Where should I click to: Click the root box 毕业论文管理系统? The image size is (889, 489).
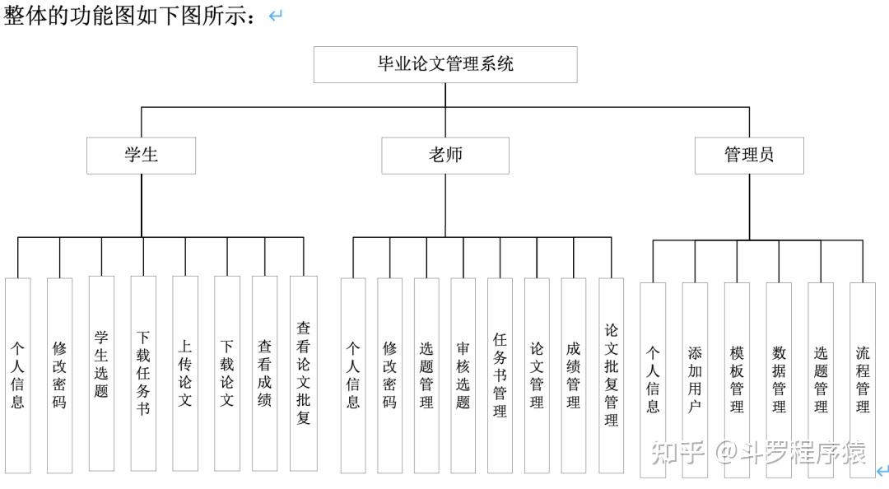[x=445, y=65]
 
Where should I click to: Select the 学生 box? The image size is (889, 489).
[x=142, y=156]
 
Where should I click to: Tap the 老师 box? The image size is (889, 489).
[x=445, y=156]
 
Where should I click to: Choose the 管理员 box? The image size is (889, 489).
[x=749, y=156]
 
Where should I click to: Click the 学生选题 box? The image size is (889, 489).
[x=101, y=373]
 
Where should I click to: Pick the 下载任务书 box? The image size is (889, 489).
[x=143, y=373]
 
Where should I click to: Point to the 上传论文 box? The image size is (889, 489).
[x=185, y=373]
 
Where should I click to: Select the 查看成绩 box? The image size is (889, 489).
[x=265, y=373]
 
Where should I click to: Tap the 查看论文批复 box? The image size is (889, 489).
[x=303, y=373]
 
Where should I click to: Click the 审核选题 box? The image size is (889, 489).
[x=463, y=375]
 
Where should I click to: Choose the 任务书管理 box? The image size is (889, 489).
[x=500, y=375]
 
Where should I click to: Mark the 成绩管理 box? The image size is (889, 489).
[x=573, y=375]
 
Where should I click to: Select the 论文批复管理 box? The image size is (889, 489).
[x=611, y=375]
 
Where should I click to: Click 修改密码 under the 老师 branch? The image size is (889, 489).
[x=389, y=375]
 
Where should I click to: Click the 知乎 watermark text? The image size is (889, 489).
[x=677, y=453]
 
